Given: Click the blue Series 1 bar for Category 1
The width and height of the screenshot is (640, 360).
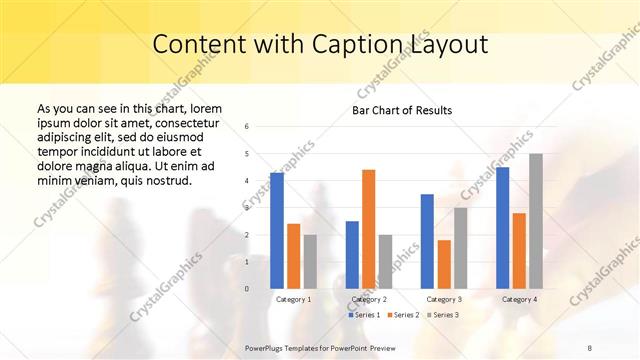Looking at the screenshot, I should click(277, 231).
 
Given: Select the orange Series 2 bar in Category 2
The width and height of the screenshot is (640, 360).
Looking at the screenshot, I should click(368, 229).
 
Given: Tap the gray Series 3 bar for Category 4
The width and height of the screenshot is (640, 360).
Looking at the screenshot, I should click(536, 221).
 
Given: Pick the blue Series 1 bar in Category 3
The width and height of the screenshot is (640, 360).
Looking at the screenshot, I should click(427, 241).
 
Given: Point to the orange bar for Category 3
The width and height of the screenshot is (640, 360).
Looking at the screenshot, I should click(444, 264).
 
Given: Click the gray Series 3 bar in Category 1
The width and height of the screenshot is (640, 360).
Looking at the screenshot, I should click(310, 262).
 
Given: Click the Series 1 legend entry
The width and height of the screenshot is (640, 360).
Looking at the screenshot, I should click(365, 315).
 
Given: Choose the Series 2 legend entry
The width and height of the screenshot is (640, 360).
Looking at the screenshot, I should click(403, 315).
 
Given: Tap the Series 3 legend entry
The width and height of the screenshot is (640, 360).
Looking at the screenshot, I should click(442, 315).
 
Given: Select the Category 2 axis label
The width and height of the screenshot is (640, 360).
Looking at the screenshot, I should click(369, 299).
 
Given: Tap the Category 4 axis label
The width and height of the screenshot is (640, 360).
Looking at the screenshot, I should click(519, 299).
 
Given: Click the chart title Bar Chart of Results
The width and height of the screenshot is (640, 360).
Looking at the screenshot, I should click(402, 110).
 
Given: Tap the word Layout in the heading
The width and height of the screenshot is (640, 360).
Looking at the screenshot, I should click(447, 45).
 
